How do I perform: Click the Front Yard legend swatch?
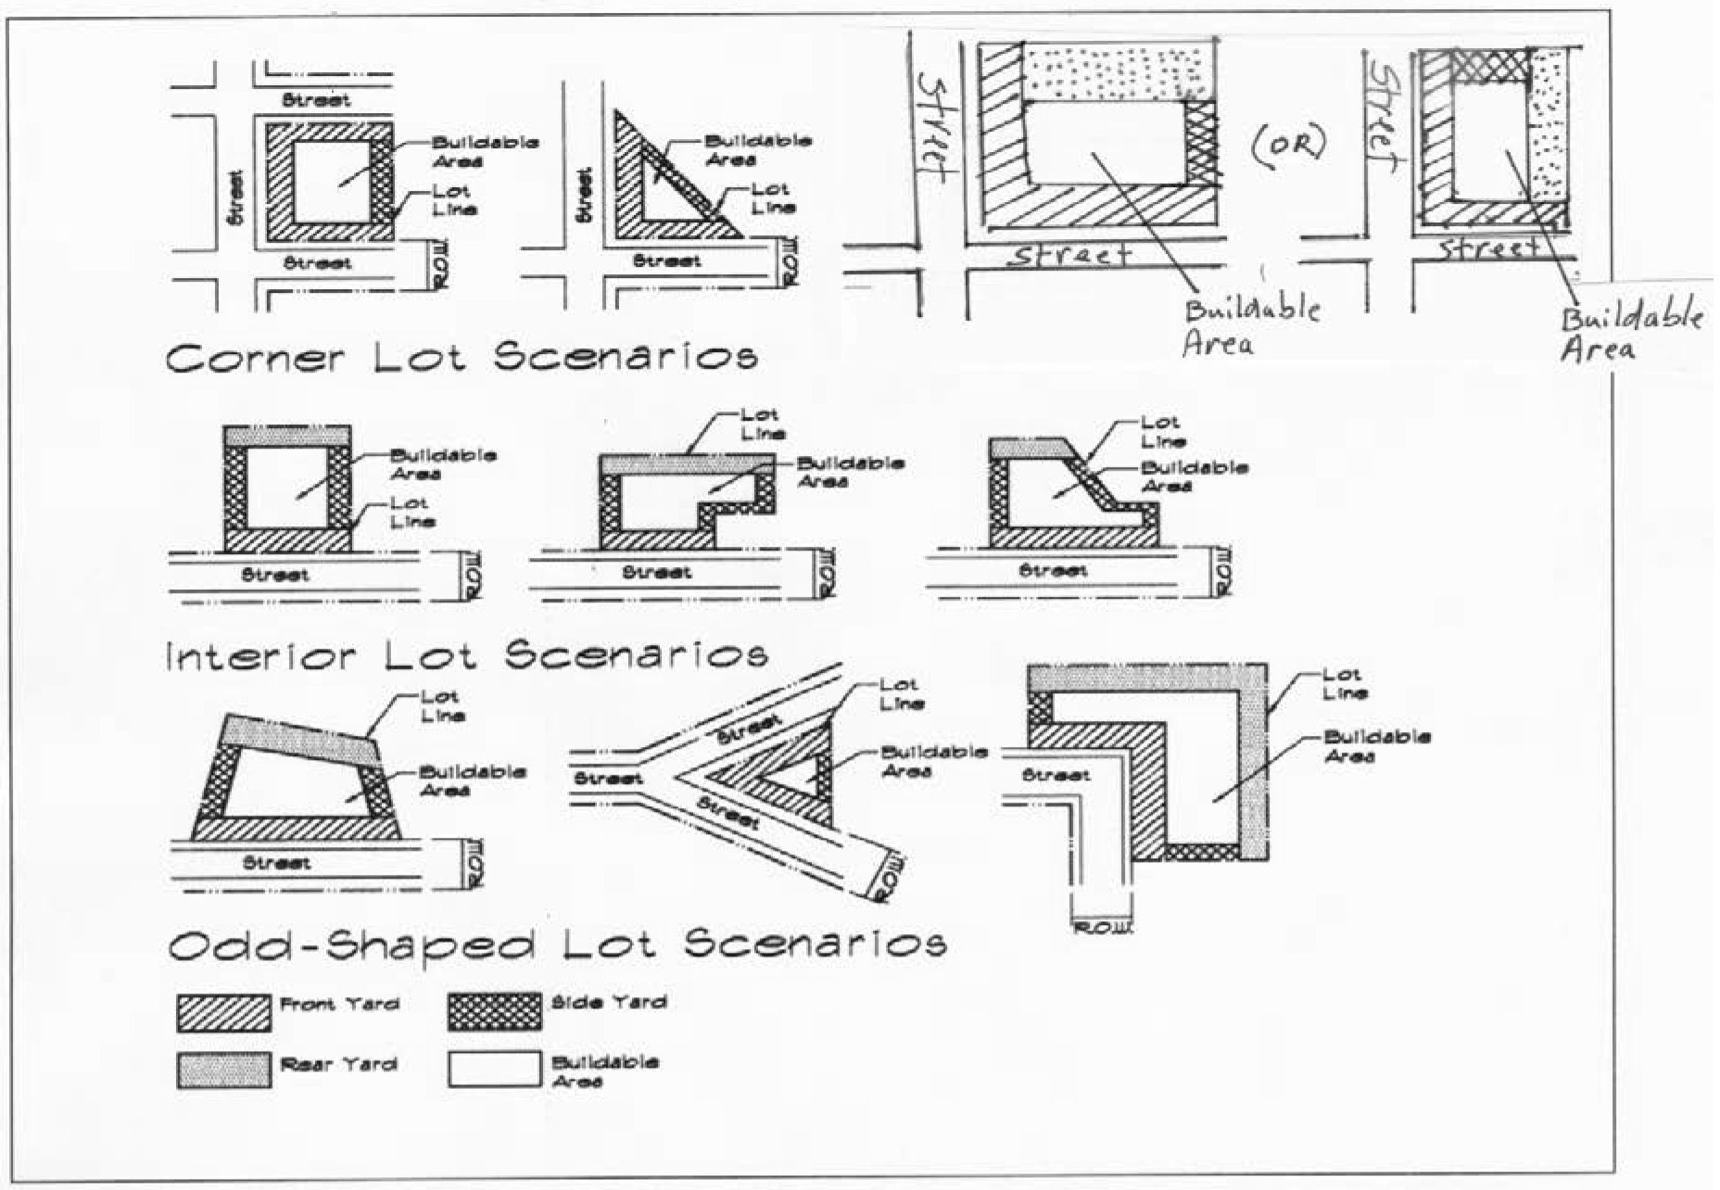point(223,1013)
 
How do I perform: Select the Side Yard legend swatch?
point(494,1012)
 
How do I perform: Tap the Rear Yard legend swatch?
point(223,1069)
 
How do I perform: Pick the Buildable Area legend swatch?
point(494,1069)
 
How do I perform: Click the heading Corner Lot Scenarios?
point(462,358)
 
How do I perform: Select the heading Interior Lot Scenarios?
point(466,656)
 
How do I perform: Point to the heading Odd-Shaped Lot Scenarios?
point(557,945)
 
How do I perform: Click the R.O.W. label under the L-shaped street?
point(1102,928)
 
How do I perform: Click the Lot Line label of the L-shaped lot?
point(1344,684)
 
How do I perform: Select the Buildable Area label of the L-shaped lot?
point(1376,746)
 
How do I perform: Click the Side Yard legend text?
point(608,1002)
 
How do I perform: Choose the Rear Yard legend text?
point(338,1065)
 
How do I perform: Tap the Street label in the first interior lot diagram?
point(275,575)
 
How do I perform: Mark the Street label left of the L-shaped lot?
point(1056,775)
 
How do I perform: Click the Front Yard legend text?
point(339,1005)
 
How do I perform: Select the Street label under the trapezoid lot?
point(275,863)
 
